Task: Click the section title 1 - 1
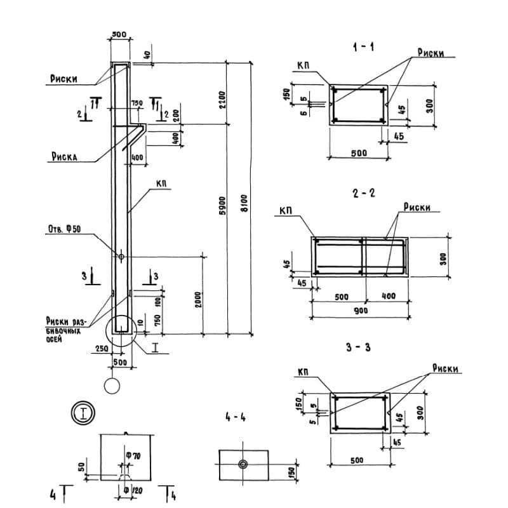click(363, 48)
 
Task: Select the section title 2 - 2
click(364, 193)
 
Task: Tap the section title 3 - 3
click(364, 349)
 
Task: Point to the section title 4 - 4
click(234, 418)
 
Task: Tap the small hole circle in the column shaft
click(121, 257)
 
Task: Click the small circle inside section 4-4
click(243, 464)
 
